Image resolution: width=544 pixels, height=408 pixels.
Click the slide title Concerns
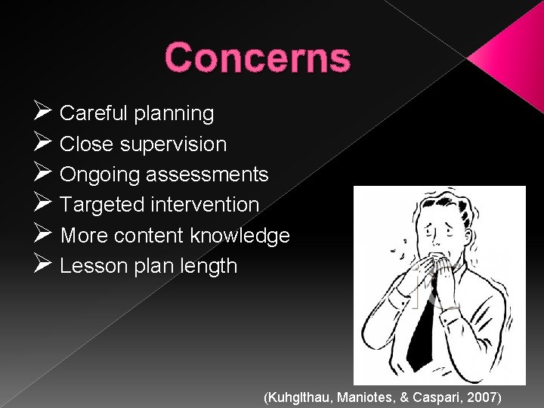click(x=257, y=58)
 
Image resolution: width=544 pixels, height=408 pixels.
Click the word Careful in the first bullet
click(x=94, y=113)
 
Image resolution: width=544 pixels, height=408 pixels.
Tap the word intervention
click(x=205, y=205)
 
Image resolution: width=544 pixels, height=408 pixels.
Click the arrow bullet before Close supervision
click(x=42, y=143)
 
